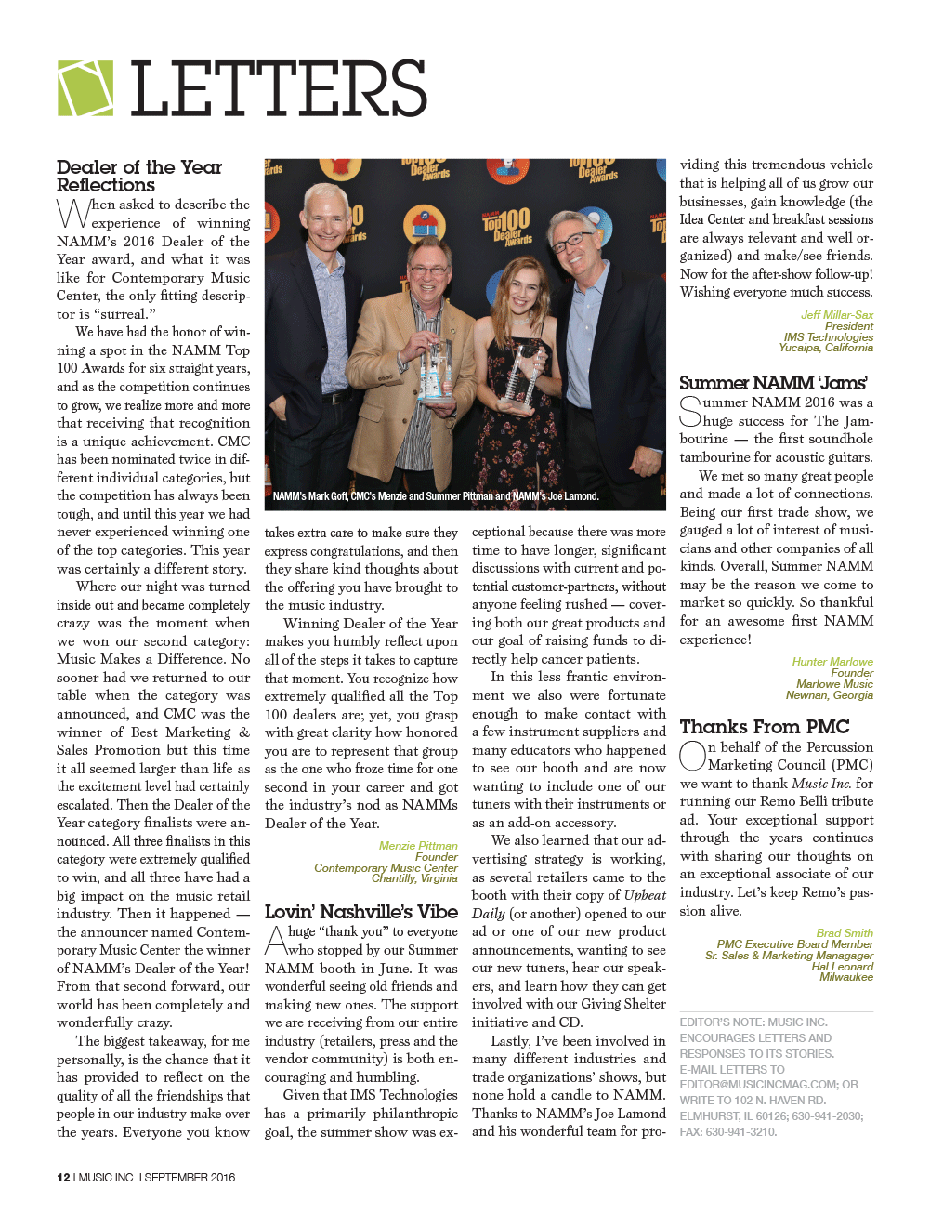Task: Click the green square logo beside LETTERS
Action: click(x=85, y=88)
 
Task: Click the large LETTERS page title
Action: click(x=279, y=89)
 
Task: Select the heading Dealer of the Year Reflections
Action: click(x=138, y=176)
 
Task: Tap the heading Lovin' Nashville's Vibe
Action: click(x=360, y=912)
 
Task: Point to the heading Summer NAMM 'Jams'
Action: click(x=773, y=383)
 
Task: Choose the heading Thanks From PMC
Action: click(x=765, y=727)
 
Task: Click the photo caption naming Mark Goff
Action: click(x=435, y=496)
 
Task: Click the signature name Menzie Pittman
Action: click(x=418, y=846)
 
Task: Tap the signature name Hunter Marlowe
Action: click(x=832, y=662)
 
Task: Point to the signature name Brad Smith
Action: click(x=845, y=933)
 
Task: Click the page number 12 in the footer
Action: click(x=63, y=1178)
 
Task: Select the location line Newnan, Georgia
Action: click(x=829, y=695)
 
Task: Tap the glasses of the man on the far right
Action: click(x=574, y=244)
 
